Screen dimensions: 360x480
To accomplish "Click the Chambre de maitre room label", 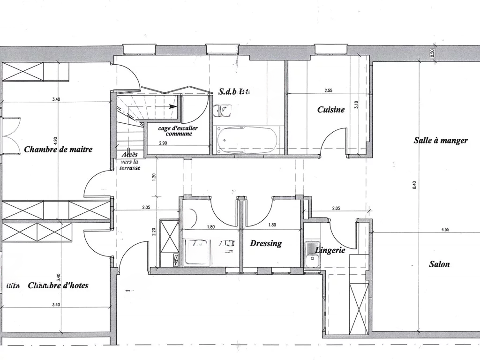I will [x=58, y=150].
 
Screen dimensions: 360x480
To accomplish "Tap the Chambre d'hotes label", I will [x=58, y=285].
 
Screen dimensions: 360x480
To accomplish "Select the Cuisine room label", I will [x=331, y=110].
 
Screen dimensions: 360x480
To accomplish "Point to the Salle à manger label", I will [x=440, y=140].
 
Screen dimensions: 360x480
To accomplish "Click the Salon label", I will [x=439, y=264].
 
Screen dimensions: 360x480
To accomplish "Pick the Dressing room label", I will [x=266, y=243].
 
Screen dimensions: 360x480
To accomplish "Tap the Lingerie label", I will [x=330, y=250].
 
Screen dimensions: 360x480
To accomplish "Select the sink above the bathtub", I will [x=222, y=111].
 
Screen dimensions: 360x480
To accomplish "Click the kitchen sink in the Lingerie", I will [x=310, y=257].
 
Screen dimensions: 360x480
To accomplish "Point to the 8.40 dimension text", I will [x=414, y=185].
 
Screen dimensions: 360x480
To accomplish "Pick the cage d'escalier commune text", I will [x=178, y=131].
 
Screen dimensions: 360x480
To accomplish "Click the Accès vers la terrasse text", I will [x=130, y=161].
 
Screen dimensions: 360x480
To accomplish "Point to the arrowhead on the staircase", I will [x=173, y=106].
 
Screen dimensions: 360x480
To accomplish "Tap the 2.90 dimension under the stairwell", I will [x=163, y=142].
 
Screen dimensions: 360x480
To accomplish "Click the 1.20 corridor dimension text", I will [x=154, y=177].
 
